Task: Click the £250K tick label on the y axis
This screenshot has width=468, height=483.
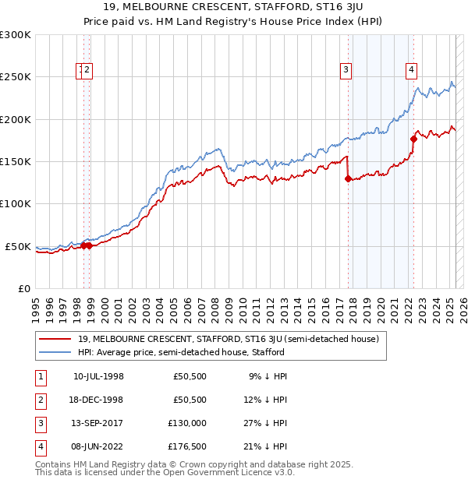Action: coord(16,77)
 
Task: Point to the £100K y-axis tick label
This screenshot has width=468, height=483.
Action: coord(16,204)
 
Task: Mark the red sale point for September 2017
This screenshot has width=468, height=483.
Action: coord(348,178)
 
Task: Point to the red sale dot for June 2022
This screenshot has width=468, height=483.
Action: coord(413,139)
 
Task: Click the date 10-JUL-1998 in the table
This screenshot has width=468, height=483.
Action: coord(98,376)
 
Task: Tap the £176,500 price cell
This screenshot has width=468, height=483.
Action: coord(187,446)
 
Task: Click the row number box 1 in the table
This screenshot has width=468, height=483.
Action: coord(39,376)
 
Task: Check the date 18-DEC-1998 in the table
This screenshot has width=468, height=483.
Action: coord(98,400)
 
